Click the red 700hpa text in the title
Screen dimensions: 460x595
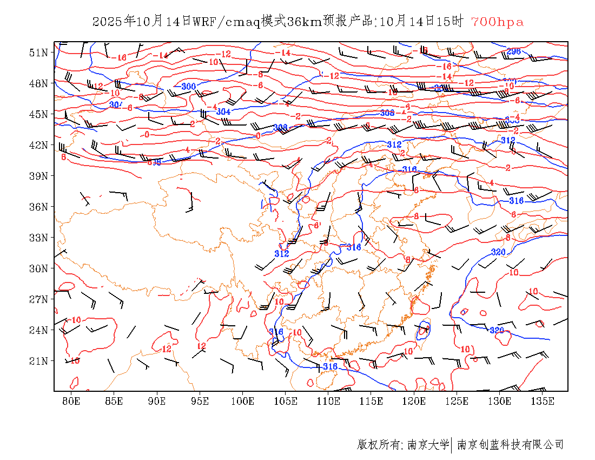pyautogui.click(x=497, y=22)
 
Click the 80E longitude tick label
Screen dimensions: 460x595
pyautogui.click(x=71, y=401)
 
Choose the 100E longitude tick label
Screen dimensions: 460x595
pyautogui.click(x=242, y=401)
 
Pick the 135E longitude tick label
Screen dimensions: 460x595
pyautogui.click(x=543, y=401)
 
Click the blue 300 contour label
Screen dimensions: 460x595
pyautogui.click(x=188, y=87)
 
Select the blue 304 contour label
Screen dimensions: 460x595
pyautogui.click(x=223, y=111)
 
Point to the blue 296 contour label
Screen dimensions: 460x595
pyautogui.click(x=513, y=51)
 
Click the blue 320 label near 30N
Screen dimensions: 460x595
pyautogui.click(x=498, y=252)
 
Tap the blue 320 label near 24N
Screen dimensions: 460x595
pyautogui.click(x=496, y=330)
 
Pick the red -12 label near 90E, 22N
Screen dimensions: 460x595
pyautogui.click(x=166, y=350)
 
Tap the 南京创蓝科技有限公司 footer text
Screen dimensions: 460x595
pyautogui.click(x=510, y=445)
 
